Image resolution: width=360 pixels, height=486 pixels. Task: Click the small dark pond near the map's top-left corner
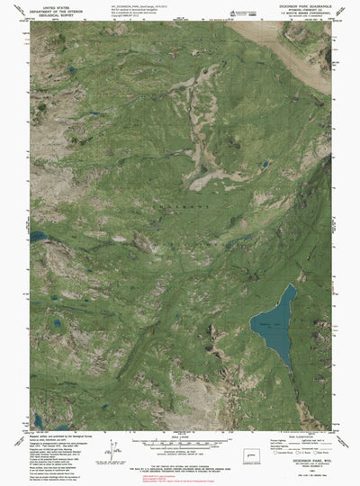coord(70,68)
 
